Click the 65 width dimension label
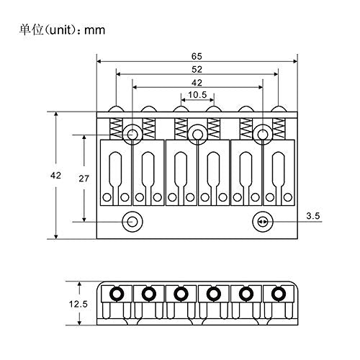[197, 56]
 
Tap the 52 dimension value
[197, 70]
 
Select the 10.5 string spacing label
[197, 95]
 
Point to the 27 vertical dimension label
[84, 179]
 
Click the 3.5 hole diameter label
[313, 216]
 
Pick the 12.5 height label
[78, 305]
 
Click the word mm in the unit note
[95, 30]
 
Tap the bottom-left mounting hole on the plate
[132, 222]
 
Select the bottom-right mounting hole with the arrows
[263, 222]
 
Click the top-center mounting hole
[197, 134]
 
